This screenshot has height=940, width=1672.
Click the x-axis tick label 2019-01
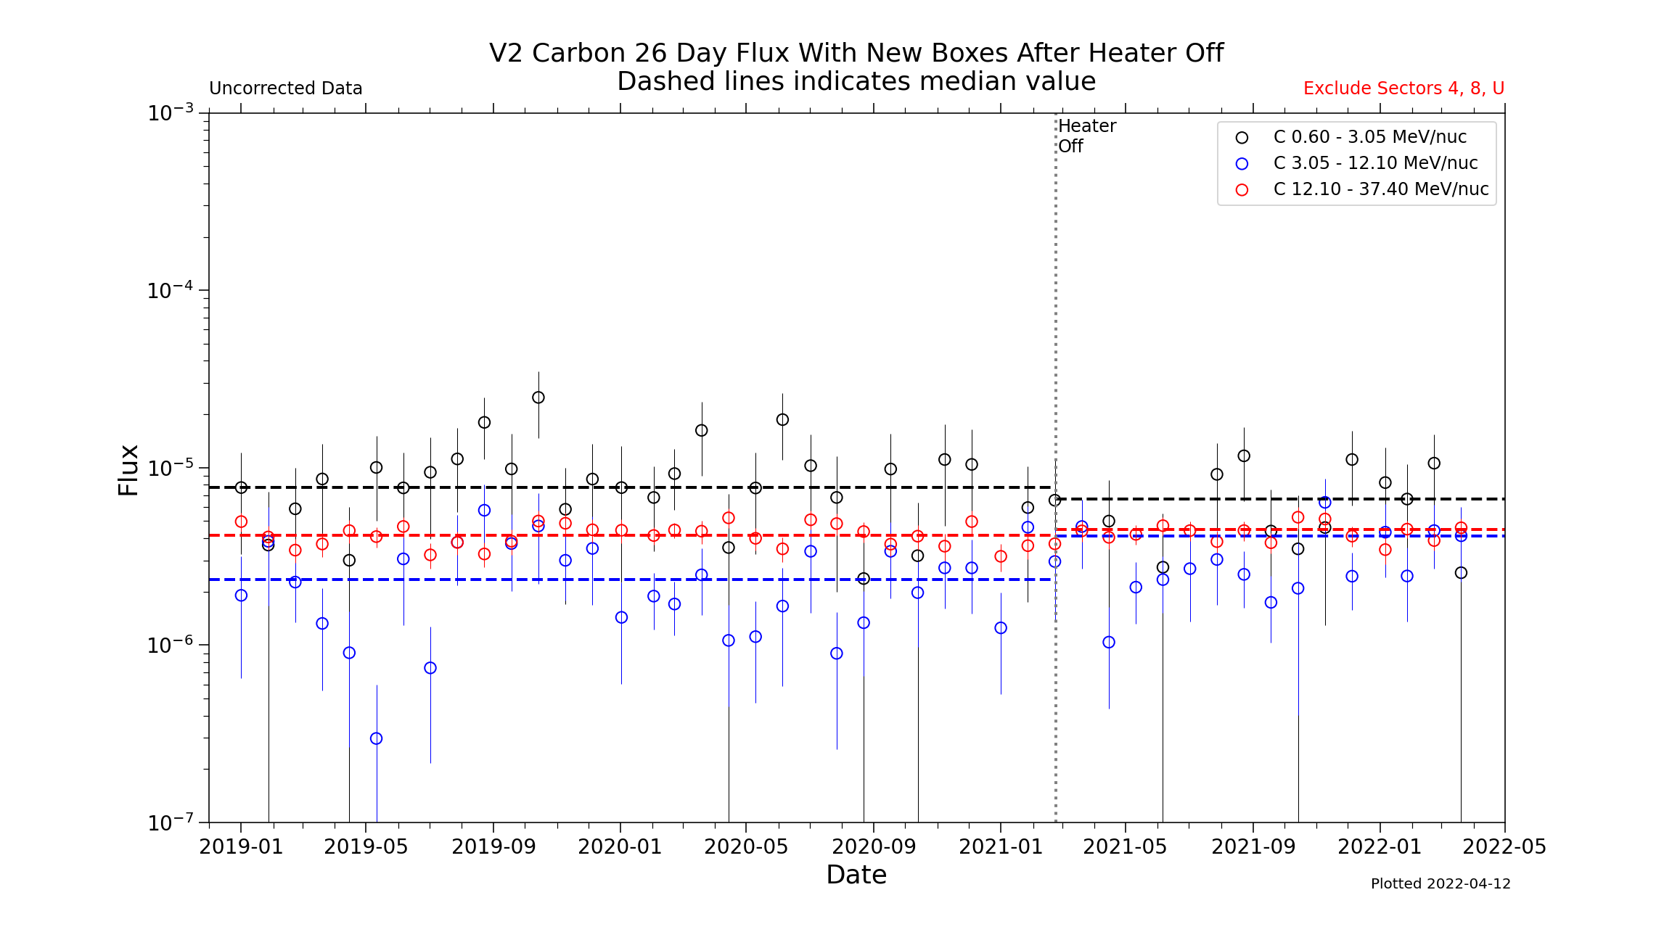(x=241, y=847)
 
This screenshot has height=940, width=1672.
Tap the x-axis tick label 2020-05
(x=746, y=847)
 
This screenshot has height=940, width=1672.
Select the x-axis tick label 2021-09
(x=1253, y=847)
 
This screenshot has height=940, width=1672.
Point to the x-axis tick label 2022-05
(x=1504, y=847)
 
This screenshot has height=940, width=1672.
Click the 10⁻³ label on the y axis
(x=171, y=113)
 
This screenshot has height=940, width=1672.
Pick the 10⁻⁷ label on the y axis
(x=171, y=822)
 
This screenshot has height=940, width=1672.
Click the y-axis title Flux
(x=128, y=470)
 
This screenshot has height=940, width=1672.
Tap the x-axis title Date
(x=856, y=875)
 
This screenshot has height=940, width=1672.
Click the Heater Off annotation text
(x=1086, y=136)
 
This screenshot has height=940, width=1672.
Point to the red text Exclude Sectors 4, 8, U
(x=1403, y=88)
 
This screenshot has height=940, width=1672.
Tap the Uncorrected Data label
(x=285, y=88)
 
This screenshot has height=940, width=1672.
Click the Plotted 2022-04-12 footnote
(x=1441, y=884)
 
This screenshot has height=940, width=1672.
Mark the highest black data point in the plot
(x=538, y=397)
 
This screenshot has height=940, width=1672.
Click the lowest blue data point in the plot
(x=376, y=738)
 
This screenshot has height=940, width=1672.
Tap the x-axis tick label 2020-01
(x=620, y=847)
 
